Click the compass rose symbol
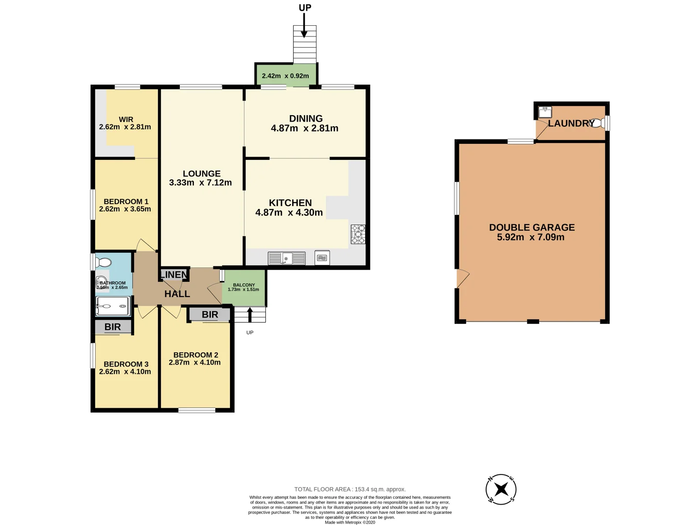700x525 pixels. point(501,489)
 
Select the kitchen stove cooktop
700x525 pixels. point(358,234)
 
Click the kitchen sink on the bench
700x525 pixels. point(287,258)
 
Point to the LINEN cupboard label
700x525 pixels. point(174,275)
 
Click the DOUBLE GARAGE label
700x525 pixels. point(532,227)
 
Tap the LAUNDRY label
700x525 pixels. point(571,123)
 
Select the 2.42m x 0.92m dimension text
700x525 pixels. point(285,76)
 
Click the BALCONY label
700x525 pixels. point(244,285)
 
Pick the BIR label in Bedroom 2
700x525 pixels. point(210,315)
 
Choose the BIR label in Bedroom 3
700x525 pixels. point(113,327)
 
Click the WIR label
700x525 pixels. point(126,119)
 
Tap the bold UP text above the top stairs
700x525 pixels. point(305,8)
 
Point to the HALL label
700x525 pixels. point(177,294)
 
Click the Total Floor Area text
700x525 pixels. point(350,489)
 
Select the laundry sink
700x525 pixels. point(545,112)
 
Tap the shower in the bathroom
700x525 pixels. point(112,306)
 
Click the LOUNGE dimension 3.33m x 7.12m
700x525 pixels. point(200,183)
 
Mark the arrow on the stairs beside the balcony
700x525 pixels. point(250,315)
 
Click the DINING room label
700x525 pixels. point(306,119)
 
